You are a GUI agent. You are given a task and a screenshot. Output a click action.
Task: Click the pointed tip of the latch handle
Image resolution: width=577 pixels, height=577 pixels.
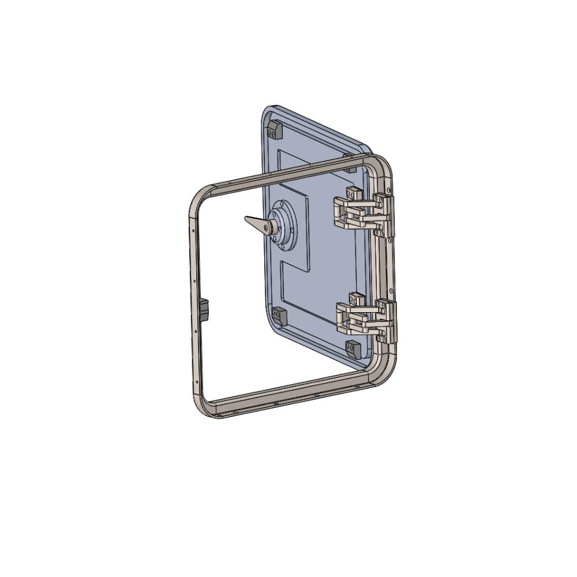(247, 219)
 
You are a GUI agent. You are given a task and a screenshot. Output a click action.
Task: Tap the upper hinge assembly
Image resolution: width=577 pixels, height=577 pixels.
(364, 213)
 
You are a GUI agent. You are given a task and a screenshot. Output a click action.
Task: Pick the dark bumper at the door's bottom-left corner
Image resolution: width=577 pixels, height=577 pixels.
(280, 316)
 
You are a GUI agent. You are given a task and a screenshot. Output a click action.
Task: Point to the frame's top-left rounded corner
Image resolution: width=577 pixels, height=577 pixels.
(199, 196)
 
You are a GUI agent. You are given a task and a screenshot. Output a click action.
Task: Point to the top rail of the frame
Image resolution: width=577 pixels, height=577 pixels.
(288, 170)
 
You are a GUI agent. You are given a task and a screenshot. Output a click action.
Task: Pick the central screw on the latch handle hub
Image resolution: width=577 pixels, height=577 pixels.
(266, 228)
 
